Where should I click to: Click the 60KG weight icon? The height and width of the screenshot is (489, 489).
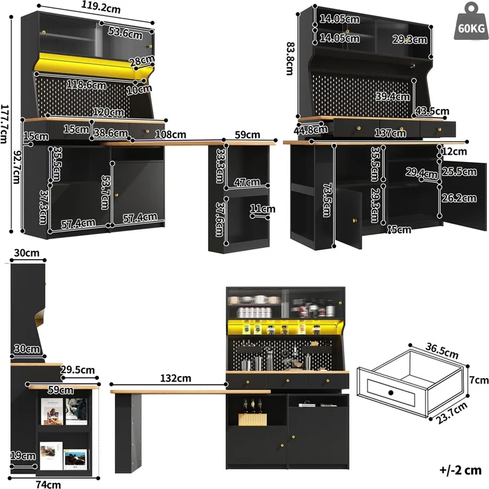coord(471,21)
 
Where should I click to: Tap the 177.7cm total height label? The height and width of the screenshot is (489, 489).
coord(4,124)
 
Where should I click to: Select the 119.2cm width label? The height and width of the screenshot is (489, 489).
coord(101,7)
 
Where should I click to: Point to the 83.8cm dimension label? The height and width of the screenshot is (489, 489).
coord(290,58)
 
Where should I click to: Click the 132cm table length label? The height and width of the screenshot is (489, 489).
coord(175,378)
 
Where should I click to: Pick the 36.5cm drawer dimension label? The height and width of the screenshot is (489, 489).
coord(442,351)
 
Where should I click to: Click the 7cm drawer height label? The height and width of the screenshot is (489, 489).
coord(479,380)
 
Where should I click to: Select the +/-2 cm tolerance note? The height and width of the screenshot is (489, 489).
coord(460,470)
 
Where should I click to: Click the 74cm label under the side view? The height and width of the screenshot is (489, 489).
coord(49,484)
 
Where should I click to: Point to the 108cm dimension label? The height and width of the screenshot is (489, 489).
coord(171,134)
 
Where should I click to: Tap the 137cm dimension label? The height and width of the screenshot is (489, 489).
coord(390,133)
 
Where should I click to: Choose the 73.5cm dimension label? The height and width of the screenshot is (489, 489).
coord(327,199)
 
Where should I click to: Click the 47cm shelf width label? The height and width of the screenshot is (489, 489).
coord(247,182)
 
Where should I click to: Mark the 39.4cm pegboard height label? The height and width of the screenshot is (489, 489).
coord(393,96)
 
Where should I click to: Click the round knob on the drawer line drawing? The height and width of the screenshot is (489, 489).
coord(391,393)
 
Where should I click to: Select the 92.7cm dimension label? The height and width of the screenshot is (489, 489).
coord(17,167)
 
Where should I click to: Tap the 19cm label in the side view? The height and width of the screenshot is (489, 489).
coord(23,456)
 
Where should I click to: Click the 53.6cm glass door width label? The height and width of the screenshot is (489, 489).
coord(125,33)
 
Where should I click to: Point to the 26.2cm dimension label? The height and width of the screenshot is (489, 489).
coord(459,198)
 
